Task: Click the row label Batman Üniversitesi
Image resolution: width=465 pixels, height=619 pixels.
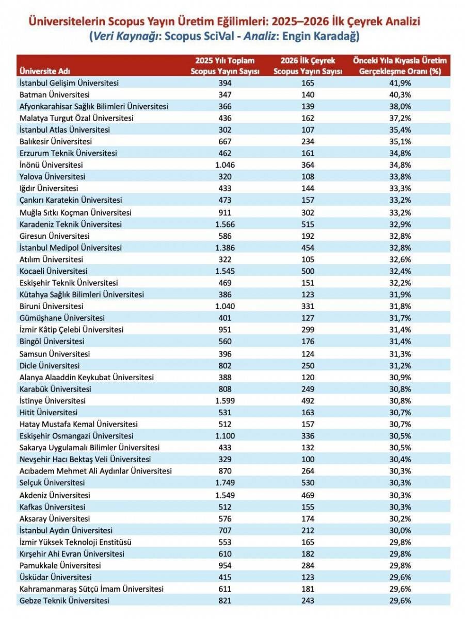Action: (x=54, y=94)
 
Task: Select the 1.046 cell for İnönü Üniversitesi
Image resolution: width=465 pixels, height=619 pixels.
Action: (x=225, y=165)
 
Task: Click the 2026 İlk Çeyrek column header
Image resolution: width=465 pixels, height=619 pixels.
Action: (x=308, y=66)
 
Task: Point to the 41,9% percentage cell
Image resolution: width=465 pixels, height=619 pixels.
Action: (x=400, y=83)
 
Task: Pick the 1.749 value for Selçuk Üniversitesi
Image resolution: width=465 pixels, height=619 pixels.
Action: (x=225, y=483)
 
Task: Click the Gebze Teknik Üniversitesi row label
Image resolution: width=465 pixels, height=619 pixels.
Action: (x=64, y=600)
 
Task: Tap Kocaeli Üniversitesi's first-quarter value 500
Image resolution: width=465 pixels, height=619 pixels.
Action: (x=308, y=271)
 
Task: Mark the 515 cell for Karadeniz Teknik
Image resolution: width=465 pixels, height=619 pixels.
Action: (x=308, y=224)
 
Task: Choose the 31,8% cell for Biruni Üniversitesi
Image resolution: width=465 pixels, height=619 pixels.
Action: (x=400, y=306)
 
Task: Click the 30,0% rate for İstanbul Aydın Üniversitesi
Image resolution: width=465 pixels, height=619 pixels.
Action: (x=400, y=530)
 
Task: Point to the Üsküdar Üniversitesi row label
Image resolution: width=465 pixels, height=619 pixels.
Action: (x=55, y=577)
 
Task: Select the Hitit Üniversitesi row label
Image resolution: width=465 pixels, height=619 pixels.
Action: (x=49, y=412)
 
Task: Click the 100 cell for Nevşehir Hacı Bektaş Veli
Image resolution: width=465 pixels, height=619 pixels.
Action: (x=308, y=459)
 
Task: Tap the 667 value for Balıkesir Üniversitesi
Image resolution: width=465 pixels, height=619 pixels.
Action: (x=225, y=141)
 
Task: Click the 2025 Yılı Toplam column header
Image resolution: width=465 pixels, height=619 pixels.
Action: (x=225, y=66)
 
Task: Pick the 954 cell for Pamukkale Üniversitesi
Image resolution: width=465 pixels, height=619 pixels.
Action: (x=225, y=565)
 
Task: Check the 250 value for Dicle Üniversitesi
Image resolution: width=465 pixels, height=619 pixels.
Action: (x=308, y=365)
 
